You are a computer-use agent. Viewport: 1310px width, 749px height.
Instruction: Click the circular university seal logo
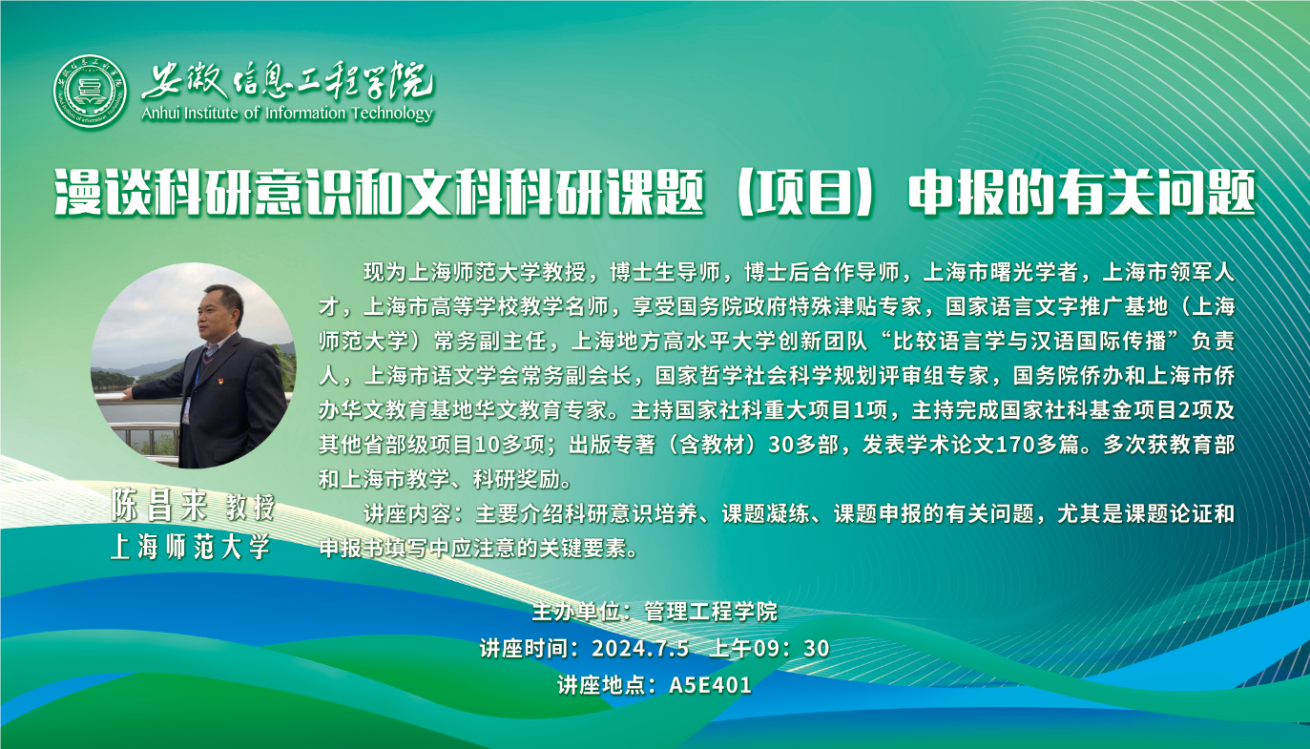point(90,92)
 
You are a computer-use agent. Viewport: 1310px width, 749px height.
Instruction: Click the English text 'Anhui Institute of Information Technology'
point(287,113)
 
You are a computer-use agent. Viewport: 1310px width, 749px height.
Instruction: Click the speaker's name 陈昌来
point(159,507)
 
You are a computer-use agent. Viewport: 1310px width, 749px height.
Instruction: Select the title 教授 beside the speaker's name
point(250,507)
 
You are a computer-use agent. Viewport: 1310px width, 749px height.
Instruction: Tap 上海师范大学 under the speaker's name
point(191,547)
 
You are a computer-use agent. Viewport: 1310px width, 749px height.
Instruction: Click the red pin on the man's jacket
point(217,368)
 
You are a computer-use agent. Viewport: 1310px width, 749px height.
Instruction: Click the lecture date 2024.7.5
point(640,649)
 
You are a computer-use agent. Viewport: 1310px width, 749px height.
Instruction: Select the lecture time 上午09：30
point(769,649)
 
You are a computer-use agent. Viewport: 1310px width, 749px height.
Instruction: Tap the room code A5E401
point(710,685)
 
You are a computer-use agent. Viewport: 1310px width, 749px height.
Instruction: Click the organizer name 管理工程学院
point(711,613)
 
